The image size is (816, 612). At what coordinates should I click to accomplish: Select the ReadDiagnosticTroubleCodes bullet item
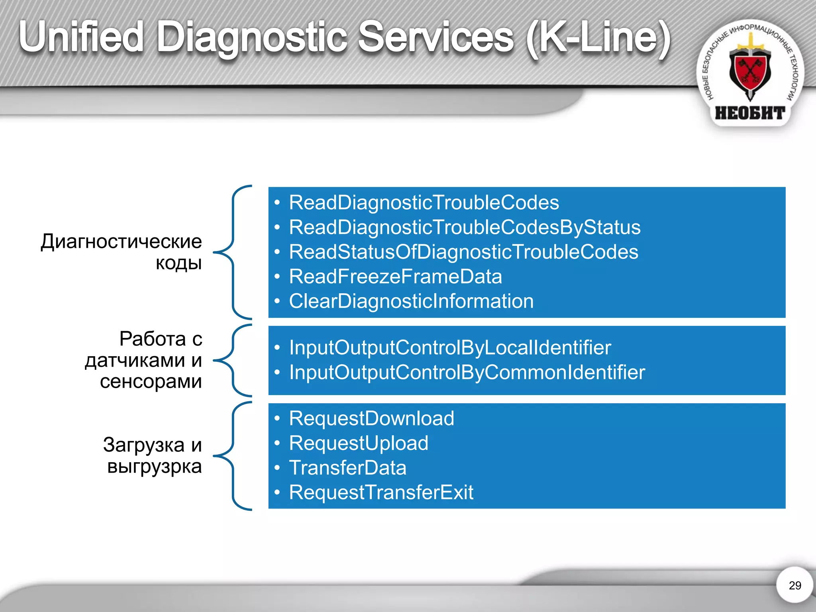424,202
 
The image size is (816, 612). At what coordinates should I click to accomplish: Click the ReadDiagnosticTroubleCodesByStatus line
465,227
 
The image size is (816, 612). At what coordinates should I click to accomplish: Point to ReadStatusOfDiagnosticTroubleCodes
463,252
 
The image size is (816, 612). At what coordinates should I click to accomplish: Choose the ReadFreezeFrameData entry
395,277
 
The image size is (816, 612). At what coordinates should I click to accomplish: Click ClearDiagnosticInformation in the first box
411,301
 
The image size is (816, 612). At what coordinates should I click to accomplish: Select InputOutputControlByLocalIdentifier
450,347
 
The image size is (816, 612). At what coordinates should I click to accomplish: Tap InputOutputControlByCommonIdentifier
467,372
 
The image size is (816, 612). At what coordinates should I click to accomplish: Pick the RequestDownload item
371,418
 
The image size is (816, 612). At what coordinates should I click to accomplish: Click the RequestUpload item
359,443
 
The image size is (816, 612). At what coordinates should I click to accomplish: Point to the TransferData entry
347,468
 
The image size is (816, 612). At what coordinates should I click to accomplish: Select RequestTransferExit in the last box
381,492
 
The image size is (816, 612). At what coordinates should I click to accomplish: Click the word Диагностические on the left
122,241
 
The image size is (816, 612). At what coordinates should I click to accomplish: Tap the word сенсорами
151,381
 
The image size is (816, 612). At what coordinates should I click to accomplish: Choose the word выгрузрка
155,466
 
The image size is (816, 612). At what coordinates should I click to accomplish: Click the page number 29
794,585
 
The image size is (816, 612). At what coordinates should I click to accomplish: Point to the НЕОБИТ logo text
750,113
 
